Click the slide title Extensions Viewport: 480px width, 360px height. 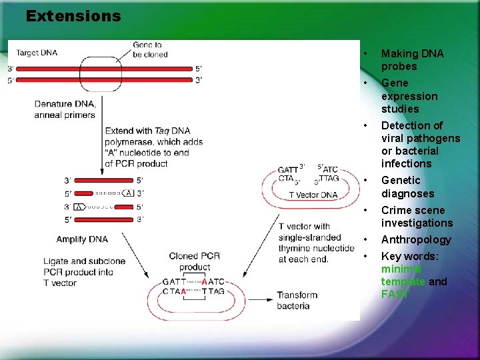[73, 15]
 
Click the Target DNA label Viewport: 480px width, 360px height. [37, 53]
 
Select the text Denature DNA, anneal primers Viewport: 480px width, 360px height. [65, 109]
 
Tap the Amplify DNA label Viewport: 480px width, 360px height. [82, 239]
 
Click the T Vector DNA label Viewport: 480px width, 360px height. [313, 195]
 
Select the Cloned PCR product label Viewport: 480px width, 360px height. [194, 261]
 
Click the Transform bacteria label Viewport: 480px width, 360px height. [297, 301]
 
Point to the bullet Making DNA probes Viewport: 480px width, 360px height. [412, 60]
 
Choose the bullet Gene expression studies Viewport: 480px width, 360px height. [409, 96]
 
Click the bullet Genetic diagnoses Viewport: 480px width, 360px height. [407, 187]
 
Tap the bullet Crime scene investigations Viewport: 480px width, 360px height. [417, 217]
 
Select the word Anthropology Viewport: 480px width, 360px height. [416, 239]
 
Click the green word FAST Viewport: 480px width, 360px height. [395, 294]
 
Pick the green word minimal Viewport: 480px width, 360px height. [401, 269]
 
